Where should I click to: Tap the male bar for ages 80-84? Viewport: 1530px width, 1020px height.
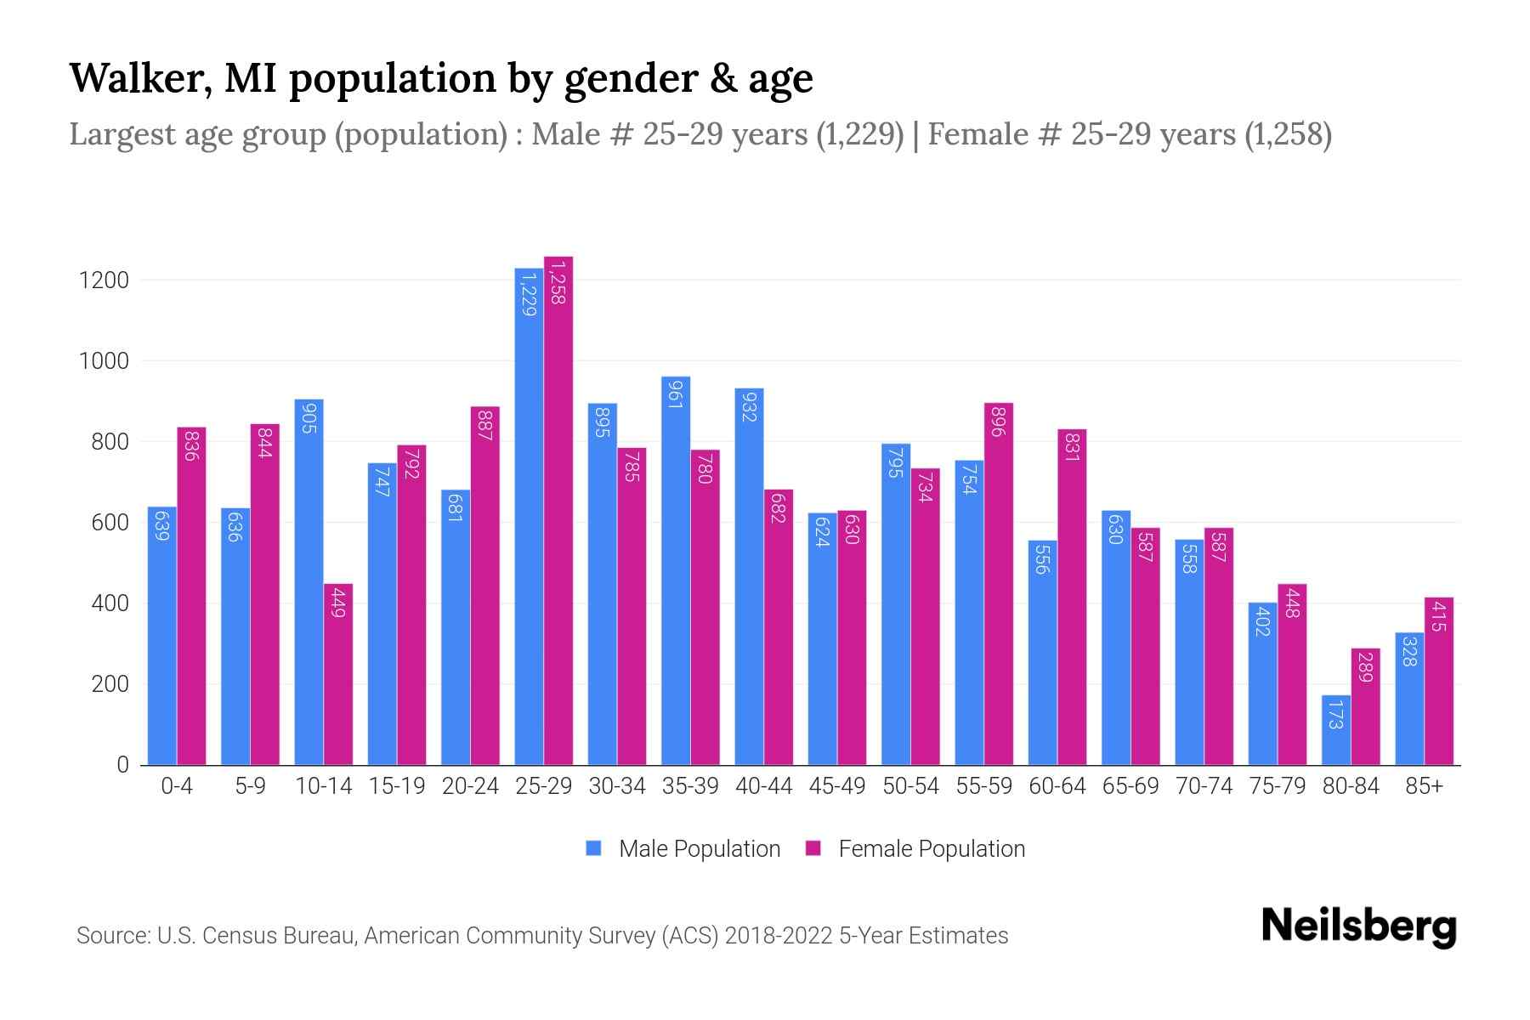click(1335, 730)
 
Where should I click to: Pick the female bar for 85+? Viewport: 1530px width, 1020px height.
click(1439, 681)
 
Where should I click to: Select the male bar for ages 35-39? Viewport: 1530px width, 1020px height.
click(676, 570)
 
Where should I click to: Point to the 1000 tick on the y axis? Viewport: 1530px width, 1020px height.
click(104, 361)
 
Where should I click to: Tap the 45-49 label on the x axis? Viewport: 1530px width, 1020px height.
click(836, 786)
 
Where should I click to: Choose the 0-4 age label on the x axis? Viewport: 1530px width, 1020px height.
click(177, 786)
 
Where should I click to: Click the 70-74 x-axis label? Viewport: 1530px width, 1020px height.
click(1204, 786)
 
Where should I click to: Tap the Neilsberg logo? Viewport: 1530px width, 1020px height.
click(1358, 926)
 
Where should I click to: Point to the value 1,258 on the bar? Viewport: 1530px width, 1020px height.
click(558, 283)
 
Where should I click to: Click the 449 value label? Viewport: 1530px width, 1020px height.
click(338, 602)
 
